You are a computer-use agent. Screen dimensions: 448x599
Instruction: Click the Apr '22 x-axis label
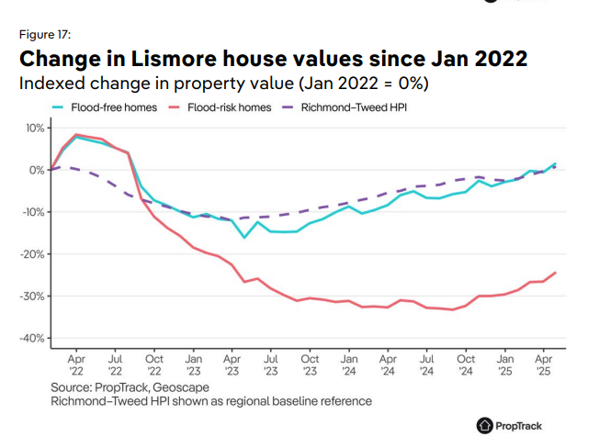click(x=76, y=364)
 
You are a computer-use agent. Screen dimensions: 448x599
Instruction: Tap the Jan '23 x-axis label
click(x=193, y=364)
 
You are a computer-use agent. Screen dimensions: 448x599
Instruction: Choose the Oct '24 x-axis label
click(x=466, y=364)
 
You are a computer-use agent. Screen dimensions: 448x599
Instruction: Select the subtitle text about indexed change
click(x=225, y=84)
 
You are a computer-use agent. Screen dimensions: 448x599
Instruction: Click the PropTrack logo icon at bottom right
click(x=485, y=425)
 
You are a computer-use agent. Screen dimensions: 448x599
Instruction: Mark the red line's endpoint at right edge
click(x=555, y=273)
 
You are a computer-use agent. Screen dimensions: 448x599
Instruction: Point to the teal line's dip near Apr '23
click(x=244, y=238)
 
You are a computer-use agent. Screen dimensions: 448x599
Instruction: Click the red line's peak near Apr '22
click(x=76, y=135)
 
